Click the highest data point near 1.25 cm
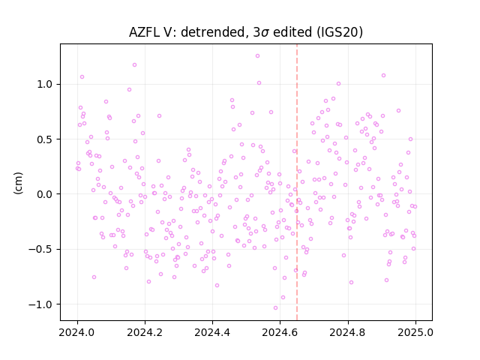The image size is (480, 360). coord(257,56)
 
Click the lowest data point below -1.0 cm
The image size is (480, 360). coord(275,308)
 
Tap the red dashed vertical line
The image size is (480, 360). coord(297,182)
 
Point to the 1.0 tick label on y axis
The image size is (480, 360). coord(45,84)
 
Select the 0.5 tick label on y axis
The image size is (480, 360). coord(45,139)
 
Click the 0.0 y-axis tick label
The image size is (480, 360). coord(45,194)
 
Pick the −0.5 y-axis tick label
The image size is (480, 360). coord(40,249)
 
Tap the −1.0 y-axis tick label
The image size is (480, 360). coord(40,304)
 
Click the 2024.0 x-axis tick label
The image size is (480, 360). coord(76,332)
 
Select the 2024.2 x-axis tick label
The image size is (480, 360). coord(145,332)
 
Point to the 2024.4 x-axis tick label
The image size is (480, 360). coord(212,332)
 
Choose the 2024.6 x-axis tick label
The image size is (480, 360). coord(280,332)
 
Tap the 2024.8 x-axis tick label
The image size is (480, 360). coord(347,332)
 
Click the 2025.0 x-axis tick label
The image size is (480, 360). coord(415,332)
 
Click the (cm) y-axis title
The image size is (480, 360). coord(18,183)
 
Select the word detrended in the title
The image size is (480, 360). coord(214,32)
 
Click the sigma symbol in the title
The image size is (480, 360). coord(265,33)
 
